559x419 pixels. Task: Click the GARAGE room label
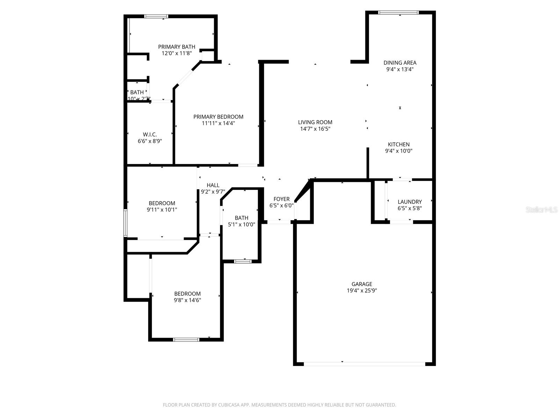tap(362, 284)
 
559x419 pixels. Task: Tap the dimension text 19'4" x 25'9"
tap(362, 291)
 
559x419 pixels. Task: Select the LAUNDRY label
tap(409, 201)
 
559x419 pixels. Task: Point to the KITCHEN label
tap(399, 144)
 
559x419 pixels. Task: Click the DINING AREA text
tap(400, 63)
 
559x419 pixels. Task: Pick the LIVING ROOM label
tap(315, 122)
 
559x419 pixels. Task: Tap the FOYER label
tap(281, 199)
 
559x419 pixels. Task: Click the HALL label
tap(213, 185)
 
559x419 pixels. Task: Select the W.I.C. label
tap(150, 134)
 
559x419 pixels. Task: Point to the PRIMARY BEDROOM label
tap(218, 117)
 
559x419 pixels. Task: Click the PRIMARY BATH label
tap(176, 47)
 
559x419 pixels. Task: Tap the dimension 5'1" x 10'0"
tap(241, 225)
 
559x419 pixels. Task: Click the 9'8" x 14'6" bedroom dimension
tap(188, 300)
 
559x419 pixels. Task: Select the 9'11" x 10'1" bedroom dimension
tap(162, 210)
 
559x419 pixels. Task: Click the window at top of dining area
tap(398, 13)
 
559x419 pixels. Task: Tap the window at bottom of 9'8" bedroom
tap(186, 339)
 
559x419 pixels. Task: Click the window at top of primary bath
tap(156, 16)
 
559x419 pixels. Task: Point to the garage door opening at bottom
tap(364, 364)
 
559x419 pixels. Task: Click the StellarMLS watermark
tap(542, 210)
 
